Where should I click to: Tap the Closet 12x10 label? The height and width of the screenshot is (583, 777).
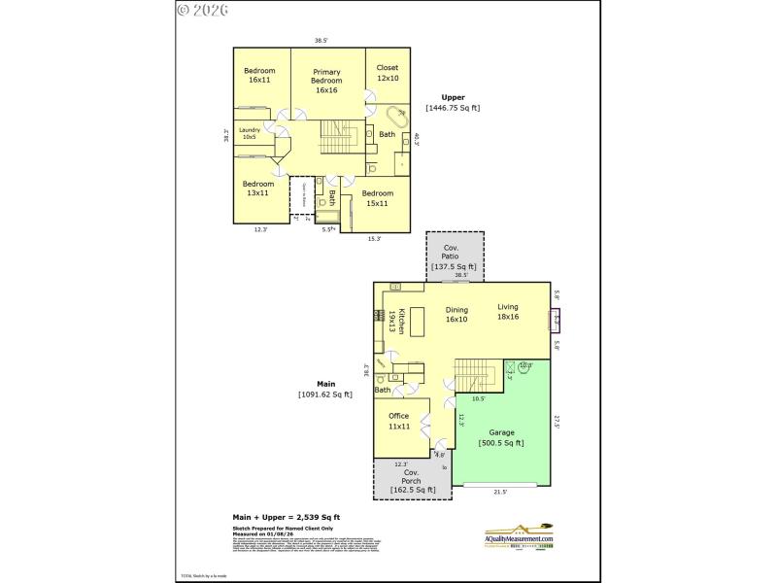pyautogui.click(x=388, y=73)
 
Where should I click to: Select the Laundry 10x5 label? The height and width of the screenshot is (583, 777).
pyautogui.click(x=250, y=134)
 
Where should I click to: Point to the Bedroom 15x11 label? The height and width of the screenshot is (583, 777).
pyautogui.click(x=378, y=198)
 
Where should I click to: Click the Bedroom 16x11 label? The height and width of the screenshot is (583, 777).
pyautogui.click(x=258, y=75)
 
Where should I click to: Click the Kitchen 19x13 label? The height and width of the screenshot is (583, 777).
pyautogui.click(x=388, y=324)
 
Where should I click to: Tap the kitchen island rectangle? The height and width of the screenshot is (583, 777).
pyautogui.click(x=418, y=321)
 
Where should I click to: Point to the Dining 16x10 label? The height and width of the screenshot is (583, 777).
pyautogui.click(x=456, y=313)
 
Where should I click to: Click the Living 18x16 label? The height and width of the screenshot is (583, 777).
pyautogui.click(x=509, y=312)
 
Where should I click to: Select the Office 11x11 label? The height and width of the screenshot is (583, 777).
pyautogui.click(x=398, y=421)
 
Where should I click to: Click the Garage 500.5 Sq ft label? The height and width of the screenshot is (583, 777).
pyautogui.click(x=501, y=437)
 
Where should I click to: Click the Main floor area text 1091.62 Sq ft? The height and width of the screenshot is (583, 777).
pyautogui.click(x=324, y=390)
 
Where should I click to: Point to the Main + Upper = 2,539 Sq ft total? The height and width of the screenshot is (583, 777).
pyautogui.click(x=286, y=517)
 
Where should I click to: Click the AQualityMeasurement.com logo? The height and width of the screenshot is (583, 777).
pyautogui.click(x=519, y=535)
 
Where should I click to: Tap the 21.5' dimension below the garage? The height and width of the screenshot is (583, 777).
pyautogui.click(x=500, y=492)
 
